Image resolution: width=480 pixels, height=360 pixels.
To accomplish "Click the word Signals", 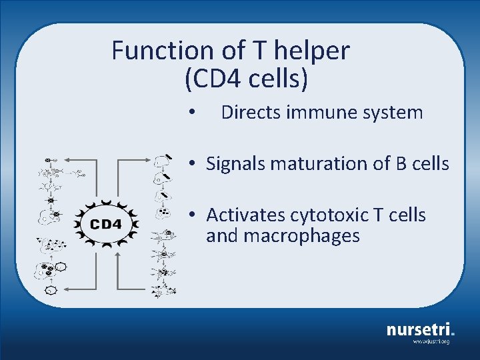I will pyautogui.click(x=237, y=163).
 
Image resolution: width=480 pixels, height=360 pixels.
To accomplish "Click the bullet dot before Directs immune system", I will pyautogui.click(x=191, y=113).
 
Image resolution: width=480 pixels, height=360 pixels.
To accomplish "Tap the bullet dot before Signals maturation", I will pyautogui.click(x=191, y=163).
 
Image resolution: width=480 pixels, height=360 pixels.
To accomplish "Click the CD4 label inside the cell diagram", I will pyautogui.click(x=105, y=224).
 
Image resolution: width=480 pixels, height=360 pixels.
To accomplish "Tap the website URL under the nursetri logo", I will pyautogui.click(x=431, y=341).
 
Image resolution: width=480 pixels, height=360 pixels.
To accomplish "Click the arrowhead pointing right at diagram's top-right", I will pyautogui.click(x=149, y=161).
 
